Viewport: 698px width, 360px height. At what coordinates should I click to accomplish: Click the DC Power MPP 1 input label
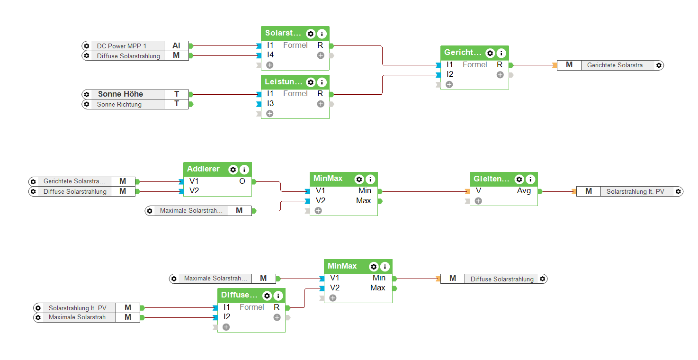click(122, 46)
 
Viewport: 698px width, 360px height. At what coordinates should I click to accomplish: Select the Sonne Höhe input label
click(120, 94)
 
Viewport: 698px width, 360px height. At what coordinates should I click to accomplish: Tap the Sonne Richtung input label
click(119, 104)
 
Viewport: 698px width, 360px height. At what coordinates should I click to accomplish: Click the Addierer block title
click(203, 169)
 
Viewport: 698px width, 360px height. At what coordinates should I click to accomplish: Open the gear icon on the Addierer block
click(233, 170)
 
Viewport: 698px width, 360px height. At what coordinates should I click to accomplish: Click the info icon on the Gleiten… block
click(530, 180)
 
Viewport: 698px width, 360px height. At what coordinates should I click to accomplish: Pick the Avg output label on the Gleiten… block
click(524, 191)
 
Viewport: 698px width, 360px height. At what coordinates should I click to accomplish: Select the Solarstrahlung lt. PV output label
click(635, 191)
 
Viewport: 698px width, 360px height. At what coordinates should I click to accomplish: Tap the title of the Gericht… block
click(463, 53)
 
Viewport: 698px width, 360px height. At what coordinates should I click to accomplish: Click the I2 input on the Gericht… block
click(450, 74)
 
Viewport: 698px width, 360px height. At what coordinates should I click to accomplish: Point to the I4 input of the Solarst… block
click(270, 55)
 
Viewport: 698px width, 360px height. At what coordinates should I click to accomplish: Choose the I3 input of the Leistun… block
click(270, 103)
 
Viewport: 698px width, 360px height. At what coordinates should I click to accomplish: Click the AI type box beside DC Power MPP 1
click(176, 46)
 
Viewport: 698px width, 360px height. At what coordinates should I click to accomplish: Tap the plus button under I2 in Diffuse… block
click(226, 327)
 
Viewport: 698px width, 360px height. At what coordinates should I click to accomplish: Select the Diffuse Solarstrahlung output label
click(502, 279)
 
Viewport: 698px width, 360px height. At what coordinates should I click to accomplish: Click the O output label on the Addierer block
click(242, 181)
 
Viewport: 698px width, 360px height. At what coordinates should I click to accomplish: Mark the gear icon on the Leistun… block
click(311, 82)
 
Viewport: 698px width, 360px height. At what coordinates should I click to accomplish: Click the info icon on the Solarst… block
click(322, 34)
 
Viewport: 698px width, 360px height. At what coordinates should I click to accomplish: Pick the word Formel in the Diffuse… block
click(252, 307)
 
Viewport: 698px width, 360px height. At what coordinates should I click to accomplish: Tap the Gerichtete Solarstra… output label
click(617, 65)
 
